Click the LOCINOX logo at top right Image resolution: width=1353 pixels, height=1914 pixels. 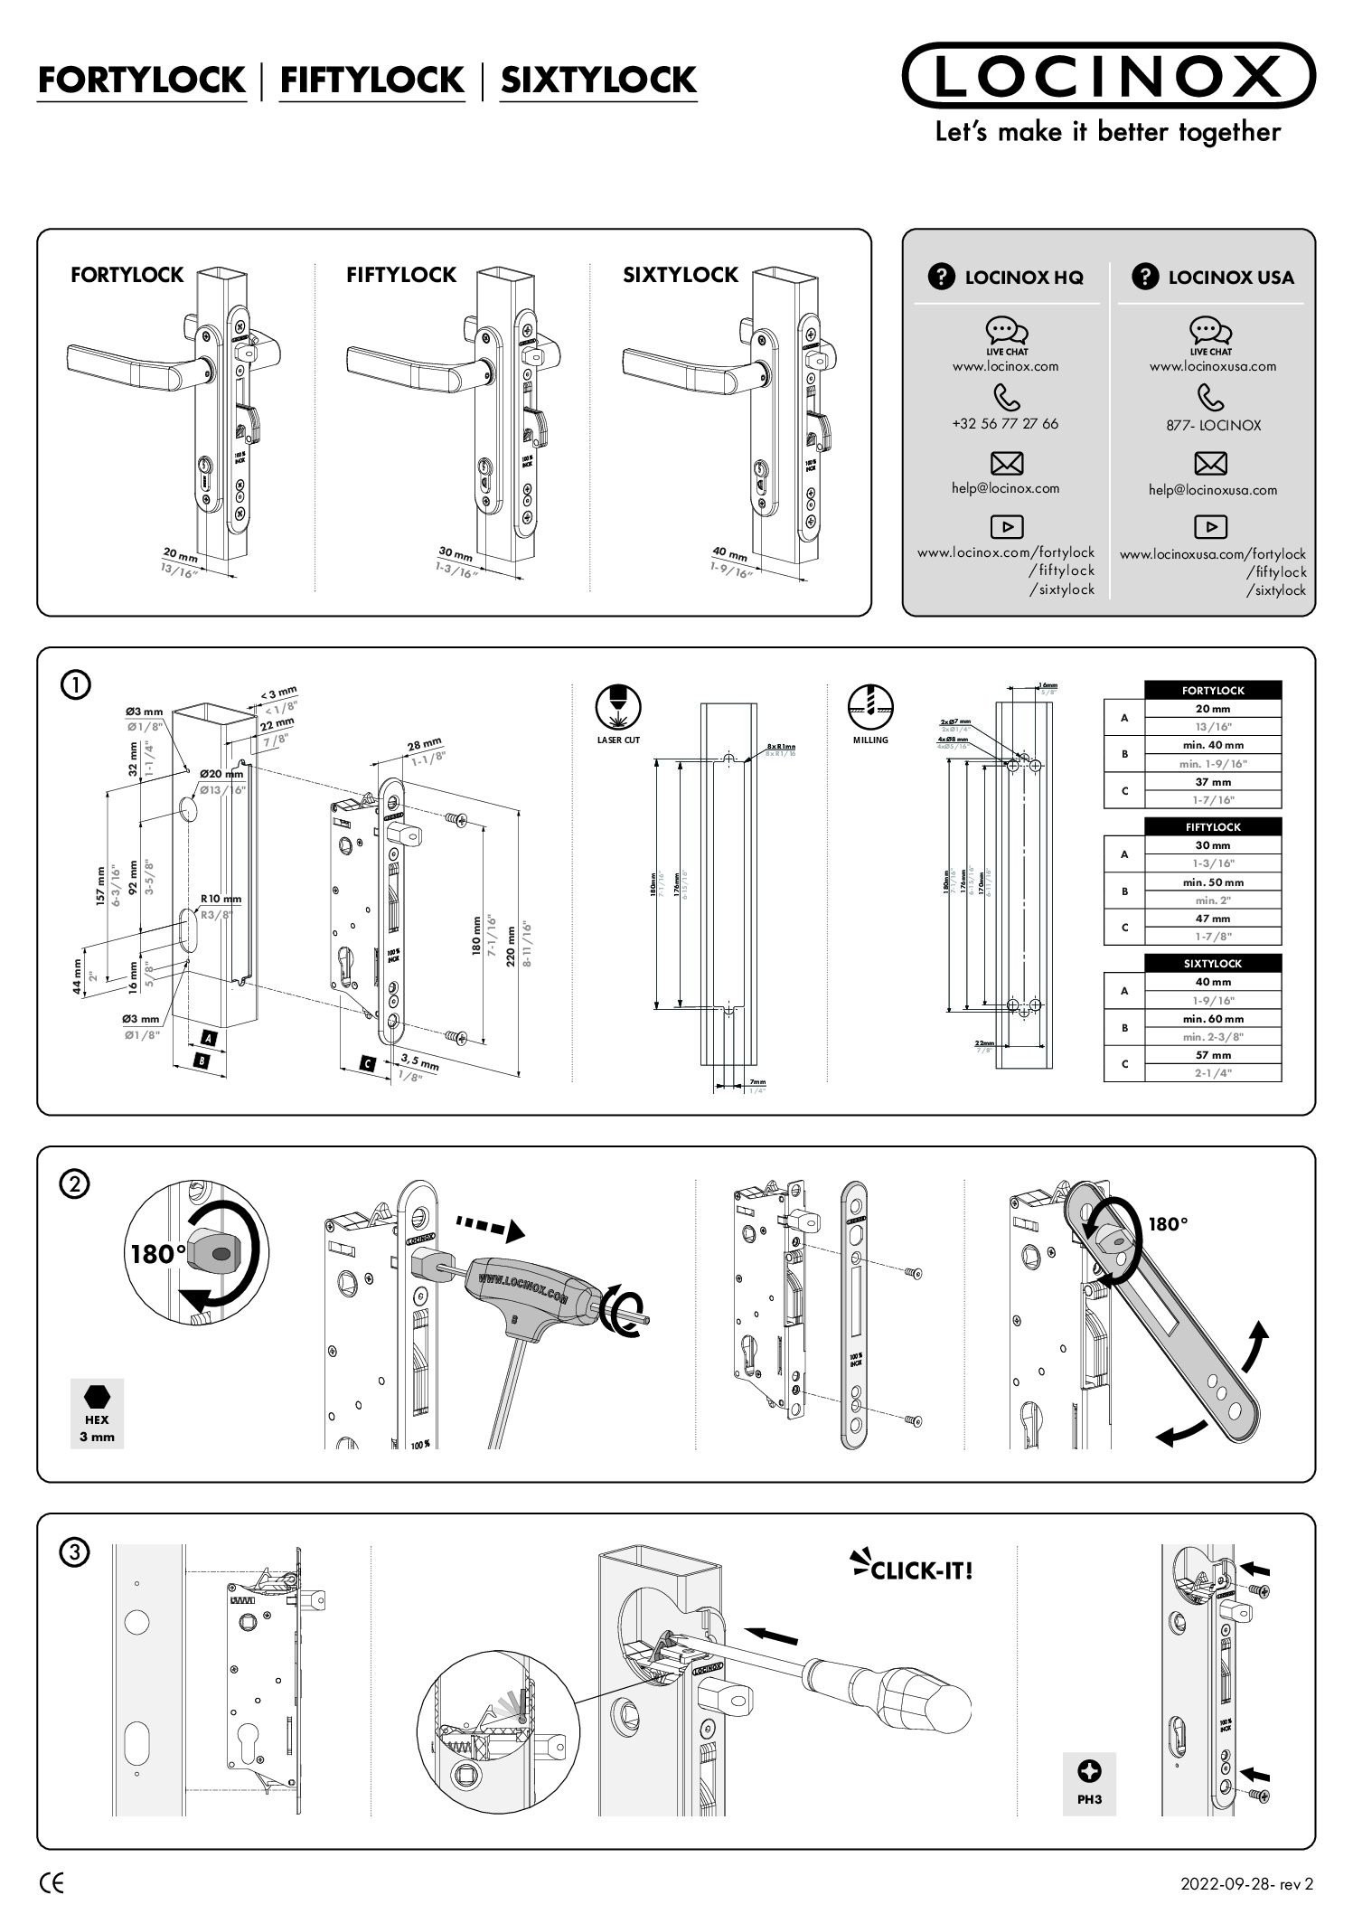click(x=1108, y=76)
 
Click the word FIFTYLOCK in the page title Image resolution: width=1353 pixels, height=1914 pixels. click(x=371, y=80)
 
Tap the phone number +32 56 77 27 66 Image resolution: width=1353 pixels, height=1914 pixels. click(x=1005, y=423)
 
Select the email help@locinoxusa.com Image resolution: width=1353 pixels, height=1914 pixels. click(x=1213, y=490)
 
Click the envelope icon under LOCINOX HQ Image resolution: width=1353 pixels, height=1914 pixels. click(x=1007, y=464)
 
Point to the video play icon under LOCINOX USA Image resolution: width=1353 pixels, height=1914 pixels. click(x=1210, y=526)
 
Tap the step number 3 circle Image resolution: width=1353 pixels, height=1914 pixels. click(x=74, y=1551)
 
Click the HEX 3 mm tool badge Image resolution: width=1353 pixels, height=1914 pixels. click(x=97, y=1413)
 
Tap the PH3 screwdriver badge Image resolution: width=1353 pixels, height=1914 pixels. click(x=1089, y=1783)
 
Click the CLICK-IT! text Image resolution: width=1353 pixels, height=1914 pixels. click(x=920, y=1570)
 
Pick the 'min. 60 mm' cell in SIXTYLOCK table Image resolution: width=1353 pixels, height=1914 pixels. click(x=1213, y=1019)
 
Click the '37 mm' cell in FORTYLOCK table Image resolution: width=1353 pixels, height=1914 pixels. click(x=1213, y=782)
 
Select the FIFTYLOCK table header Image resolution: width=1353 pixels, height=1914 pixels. click(x=1213, y=826)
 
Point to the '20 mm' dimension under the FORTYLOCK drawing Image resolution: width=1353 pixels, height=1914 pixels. click(x=180, y=554)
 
